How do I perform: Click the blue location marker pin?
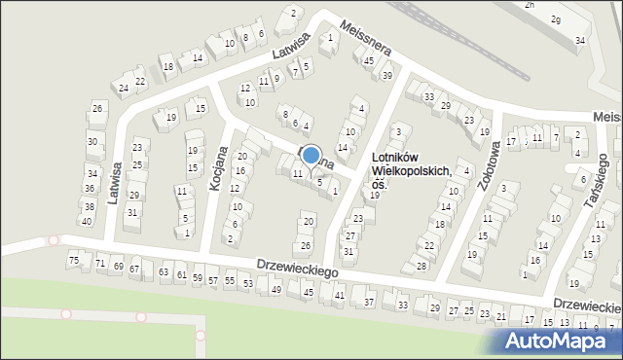pyautogui.click(x=311, y=156)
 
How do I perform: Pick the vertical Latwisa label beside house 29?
pyautogui.click(x=115, y=181)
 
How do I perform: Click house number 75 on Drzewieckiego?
pyautogui.click(x=74, y=260)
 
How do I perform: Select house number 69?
pyautogui.click(x=118, y=266)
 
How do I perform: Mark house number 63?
pyautogui.click(x=164, y=272)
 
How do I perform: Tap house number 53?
pyautogui.click(x=248, y=283)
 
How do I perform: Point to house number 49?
pyautogui.click(x=276, y=289)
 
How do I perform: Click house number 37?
pyautogui.click(x=369, y=303)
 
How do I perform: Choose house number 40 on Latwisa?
pyautogui.click(x=86, y=221)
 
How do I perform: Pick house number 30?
pyautogui.click(x=92, y=141)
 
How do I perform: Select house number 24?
pyautogui.click(x=124, y=89)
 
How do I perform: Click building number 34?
pyautogui.click(x=580, y=40)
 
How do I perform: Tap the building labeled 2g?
pyautogui.click(x=555, y=19)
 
